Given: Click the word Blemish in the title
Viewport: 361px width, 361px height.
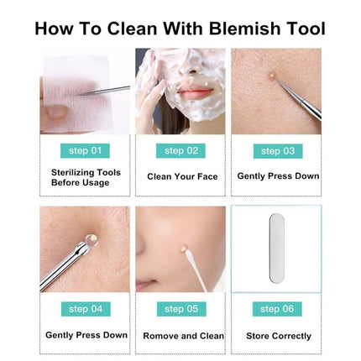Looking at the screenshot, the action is coord(245,29).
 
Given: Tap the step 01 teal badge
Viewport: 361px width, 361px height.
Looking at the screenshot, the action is coord(85,151).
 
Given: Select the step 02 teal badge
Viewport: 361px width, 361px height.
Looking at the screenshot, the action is coord(180,151).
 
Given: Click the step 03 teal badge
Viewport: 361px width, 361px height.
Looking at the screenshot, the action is coord(278,151).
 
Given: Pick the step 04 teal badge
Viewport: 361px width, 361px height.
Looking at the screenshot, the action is coord(86,309).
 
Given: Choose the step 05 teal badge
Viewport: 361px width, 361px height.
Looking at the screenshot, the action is coord(181,309).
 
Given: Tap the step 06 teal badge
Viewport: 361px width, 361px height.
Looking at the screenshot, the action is coord(277,309).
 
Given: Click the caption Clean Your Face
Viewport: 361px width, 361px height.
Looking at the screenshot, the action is coord(182,176).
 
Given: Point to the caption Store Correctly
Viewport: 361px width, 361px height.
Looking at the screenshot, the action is coord(279,336).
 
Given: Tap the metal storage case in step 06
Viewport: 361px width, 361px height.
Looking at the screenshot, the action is coord(277,248).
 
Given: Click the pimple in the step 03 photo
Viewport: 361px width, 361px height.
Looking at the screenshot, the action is coord(271,75).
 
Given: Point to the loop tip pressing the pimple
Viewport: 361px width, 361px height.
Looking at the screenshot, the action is coord(92,240).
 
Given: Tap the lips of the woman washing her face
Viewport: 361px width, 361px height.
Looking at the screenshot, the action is coord(195,92).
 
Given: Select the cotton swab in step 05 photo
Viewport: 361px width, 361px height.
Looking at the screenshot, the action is coord(196,270).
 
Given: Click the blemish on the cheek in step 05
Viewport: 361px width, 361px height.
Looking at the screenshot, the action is coord(184,249).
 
